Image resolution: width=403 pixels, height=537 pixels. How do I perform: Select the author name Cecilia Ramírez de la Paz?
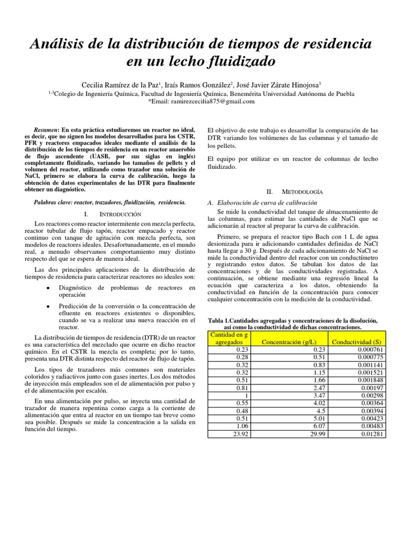(120, 84)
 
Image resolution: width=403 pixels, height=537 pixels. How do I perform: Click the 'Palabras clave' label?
(56, 201)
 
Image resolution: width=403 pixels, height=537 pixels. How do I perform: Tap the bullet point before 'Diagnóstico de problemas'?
(48, 288)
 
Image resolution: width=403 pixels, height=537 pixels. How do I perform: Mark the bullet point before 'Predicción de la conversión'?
(48, 306)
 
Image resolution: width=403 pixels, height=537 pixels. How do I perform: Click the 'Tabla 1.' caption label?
(221, 321)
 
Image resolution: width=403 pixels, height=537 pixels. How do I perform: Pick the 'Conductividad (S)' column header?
(359, 342)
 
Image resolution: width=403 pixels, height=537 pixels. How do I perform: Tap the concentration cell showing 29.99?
(319, 434)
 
